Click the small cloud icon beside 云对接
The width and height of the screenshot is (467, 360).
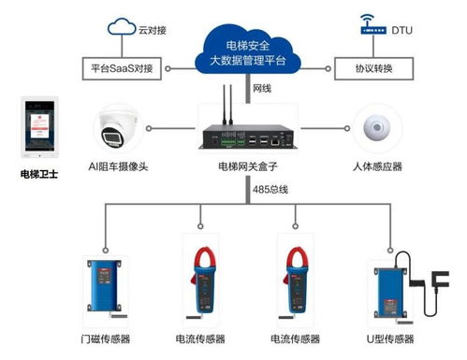(x=122, y=27)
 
